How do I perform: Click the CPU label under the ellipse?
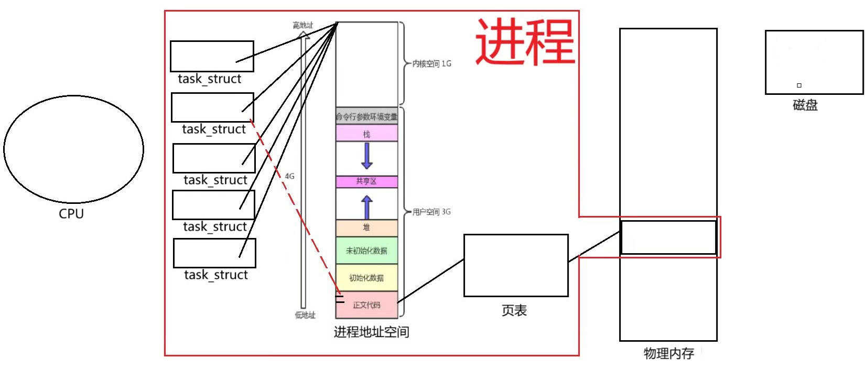71,214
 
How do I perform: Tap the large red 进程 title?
525,41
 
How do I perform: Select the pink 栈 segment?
366,134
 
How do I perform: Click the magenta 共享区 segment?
366,181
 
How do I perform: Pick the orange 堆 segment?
366,227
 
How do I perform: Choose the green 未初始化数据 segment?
366,251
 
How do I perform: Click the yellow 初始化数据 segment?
366,278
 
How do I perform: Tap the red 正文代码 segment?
366,305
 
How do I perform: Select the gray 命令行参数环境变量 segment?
366,116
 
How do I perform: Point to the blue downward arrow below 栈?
367,156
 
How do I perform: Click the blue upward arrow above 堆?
367,207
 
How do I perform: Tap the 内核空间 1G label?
431,64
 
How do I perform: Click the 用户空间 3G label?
431,212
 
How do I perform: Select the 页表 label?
514,311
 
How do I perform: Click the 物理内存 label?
668,353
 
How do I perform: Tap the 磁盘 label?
805,105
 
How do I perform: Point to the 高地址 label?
302,25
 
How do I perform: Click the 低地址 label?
305,315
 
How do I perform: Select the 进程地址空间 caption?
371,332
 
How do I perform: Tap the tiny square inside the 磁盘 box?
799,85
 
